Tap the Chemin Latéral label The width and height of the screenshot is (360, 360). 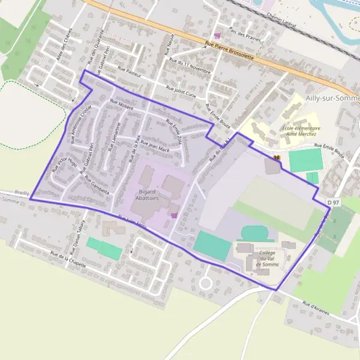pos(281,17)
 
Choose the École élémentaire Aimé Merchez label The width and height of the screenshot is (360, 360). pos(301,131)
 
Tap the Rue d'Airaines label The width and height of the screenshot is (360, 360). pos(316,308)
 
